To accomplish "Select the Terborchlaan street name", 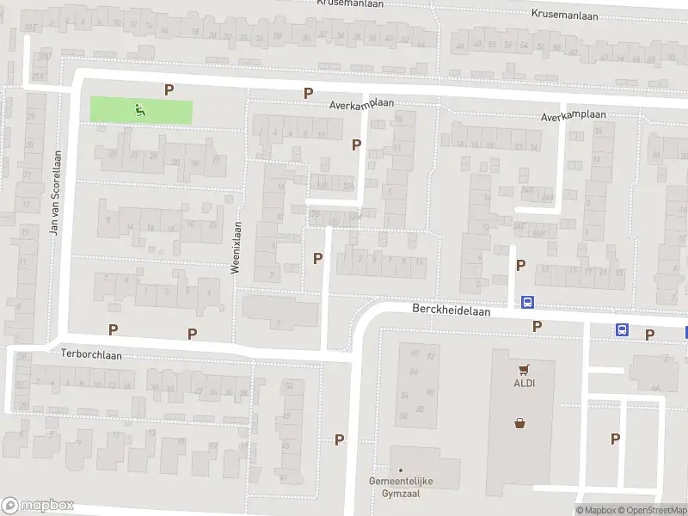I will tap(92, 353).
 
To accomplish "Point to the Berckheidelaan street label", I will tap(451, 311).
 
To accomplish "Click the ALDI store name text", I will tap(525, 384).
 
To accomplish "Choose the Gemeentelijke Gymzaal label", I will tap(400, 487).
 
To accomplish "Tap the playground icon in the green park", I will tap(139, 109).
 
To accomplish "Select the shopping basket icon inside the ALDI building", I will tap(519, 422).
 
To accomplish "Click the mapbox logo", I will tap(38, 505).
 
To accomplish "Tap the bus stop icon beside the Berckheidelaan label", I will tap(527, 302).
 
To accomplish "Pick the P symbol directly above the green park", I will tap(169, 89).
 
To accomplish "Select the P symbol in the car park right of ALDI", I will tap(615, 439).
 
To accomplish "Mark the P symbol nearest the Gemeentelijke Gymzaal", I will tap(340, 439).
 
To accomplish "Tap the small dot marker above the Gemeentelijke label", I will tap(400, 470).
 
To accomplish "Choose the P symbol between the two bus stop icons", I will tap(537, 326).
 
